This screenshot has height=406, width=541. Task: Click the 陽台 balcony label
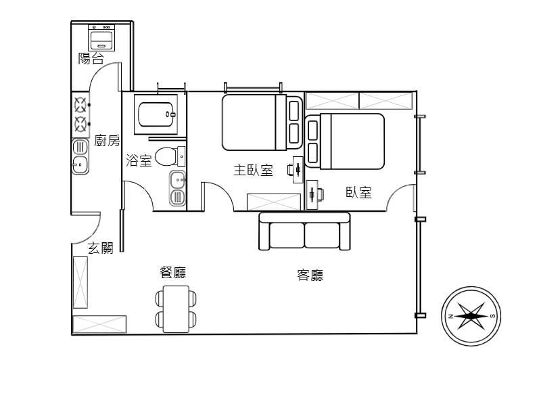(x=91, y=59)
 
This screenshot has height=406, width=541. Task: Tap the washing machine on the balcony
(x=101, y=38)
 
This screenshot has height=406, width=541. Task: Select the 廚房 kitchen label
(x=107, y=141)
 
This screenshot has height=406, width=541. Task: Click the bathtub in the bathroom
(x=157, y=114)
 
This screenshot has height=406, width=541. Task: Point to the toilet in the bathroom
(x=170, y=156)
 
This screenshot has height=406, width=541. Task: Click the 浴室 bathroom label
(x=139, y=160)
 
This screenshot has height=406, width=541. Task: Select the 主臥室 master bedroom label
(x=253, y=171)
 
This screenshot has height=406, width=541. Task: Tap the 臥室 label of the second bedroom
(x=359, y=192)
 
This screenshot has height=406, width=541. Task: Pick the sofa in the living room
(x=305, y=231)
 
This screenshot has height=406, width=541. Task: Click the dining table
(x=176, y=309)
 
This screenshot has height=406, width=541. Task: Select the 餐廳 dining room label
(x=173, y=273)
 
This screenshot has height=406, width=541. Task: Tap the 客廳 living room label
(x=310, y=275)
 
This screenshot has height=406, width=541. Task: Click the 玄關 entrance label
(x=100, y=248)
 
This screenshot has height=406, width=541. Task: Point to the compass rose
(x=471, y=316)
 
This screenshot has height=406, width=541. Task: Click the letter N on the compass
(x=450, y=316)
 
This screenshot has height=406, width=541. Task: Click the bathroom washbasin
(x=178, y=180)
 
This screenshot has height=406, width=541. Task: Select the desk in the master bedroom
(x=298, y=169)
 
